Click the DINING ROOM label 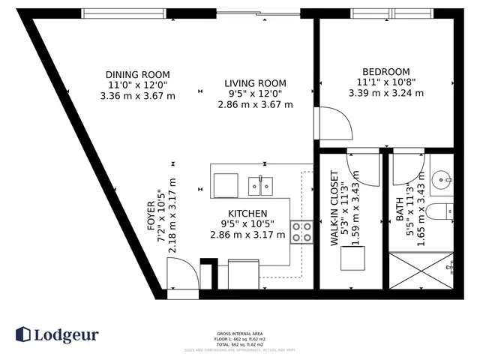pyautogui.click(x=137, y=74)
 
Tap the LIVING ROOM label pyautogui.click(x=255, y=83)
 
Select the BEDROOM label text pyautogui.click(x=385, y=71)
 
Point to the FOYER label pyautogui.click(x=151, y=213)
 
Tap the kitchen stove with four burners pyautogui.click(x=302, y=232)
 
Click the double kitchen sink pyautogui.click(x=261, y=184)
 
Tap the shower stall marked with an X pyautogui.click(x=422, y=271)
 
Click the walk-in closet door pyautogui.click(x=363, y=166)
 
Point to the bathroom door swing pyautogui.click(x=409, y=166)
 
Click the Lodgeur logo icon pyautogui.click(x=23, y=334)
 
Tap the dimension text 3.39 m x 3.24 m pyautogui.click(x=385, y=94)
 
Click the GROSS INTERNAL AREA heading pyautogui.click(x=239, y=334)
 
